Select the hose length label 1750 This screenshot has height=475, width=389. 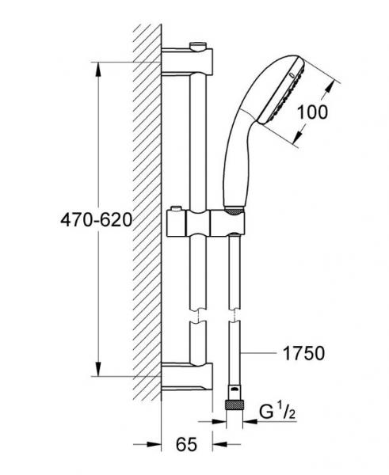click(x=303, y=354)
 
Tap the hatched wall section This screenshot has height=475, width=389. click(x=147, y=222)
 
